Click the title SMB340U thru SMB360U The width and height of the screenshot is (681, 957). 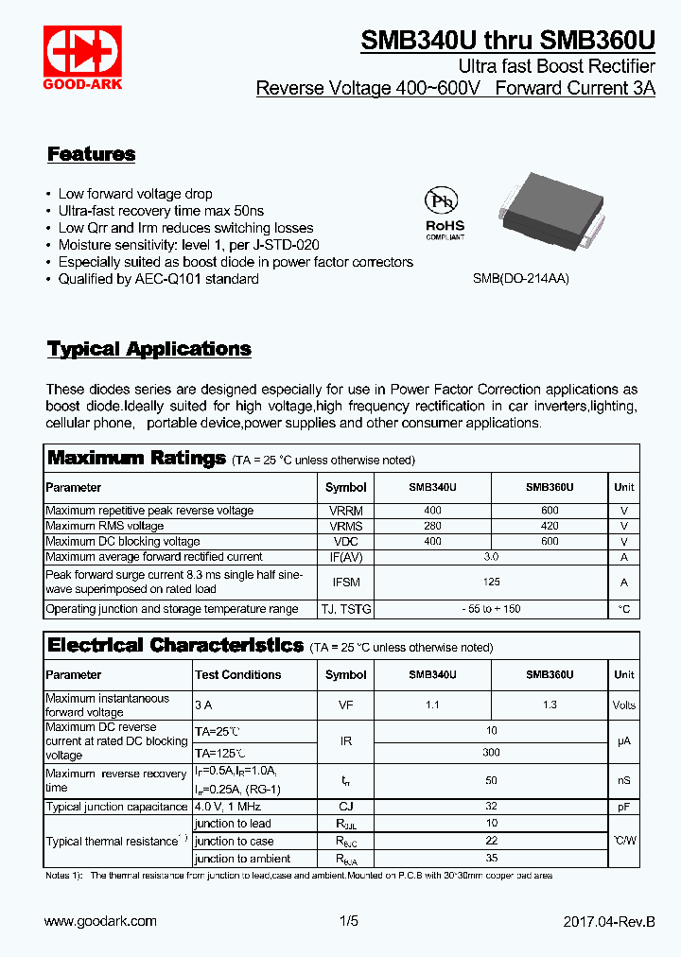(508, 42)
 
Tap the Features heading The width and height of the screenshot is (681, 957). (91, 154)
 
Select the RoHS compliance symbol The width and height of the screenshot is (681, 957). (444, 212)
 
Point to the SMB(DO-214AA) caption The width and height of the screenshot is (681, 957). (520, 280)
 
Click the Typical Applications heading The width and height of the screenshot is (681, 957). (149, 349)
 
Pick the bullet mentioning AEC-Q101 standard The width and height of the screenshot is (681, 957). (158, 279)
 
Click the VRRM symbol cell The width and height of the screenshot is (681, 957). (345, 511)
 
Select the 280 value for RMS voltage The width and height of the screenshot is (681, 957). (432, 526)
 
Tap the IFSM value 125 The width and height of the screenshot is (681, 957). (491, 582)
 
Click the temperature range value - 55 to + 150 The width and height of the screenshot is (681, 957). (491, 609)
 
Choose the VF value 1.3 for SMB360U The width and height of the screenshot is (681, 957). (550, 705)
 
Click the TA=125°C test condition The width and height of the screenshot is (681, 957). (219, 754)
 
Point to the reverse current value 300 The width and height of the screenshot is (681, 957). (491, 753)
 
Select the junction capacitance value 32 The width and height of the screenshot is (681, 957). (491, 807)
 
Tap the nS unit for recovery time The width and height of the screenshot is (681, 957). (624, 781)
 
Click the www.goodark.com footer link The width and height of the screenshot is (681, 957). (100, 921)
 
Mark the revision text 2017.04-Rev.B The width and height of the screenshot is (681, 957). (608, 921)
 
